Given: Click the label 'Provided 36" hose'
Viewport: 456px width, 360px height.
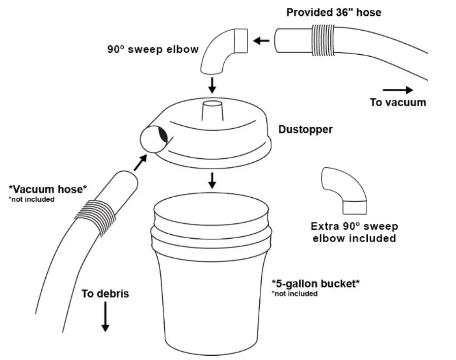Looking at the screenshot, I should pos(334,12).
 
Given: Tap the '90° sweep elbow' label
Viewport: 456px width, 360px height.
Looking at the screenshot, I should pos(153,49).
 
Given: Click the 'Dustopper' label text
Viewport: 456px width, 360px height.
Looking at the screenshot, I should pos(305,130).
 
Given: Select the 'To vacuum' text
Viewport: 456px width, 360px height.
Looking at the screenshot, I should pos(398,103).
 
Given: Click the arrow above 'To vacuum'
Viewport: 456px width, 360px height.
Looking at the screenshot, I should pos(398,90).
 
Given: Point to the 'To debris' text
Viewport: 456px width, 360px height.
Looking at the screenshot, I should pos(105,294).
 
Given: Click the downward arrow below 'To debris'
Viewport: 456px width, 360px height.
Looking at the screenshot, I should pos(105,319).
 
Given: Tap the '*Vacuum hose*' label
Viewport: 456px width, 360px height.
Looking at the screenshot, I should pos(48,189).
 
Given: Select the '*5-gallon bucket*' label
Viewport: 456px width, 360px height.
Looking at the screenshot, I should pos(316,284).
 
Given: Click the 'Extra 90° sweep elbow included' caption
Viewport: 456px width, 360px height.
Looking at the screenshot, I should pos(353,232).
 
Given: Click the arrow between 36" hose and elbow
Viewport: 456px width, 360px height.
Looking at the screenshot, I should pos(262,40).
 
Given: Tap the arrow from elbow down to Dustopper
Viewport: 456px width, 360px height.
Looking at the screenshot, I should pos(212,84).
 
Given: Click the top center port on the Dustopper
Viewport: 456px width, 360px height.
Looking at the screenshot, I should pos(212,111).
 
